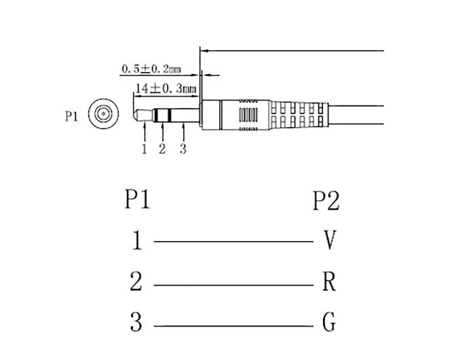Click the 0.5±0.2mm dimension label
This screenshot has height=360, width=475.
(151, 69)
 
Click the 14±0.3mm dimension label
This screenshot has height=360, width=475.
(166, 88)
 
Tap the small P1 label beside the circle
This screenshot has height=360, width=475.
(72, 115)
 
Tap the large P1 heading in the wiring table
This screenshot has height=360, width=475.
(138, 200)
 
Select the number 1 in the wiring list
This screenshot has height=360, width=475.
(136, 241)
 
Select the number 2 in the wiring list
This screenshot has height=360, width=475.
(136, 281)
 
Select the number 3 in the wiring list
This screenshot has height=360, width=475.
(136, 322)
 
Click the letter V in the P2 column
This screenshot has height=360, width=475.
(329, 240)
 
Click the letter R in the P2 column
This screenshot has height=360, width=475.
(329, 281)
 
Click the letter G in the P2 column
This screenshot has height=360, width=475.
(329, 323)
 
